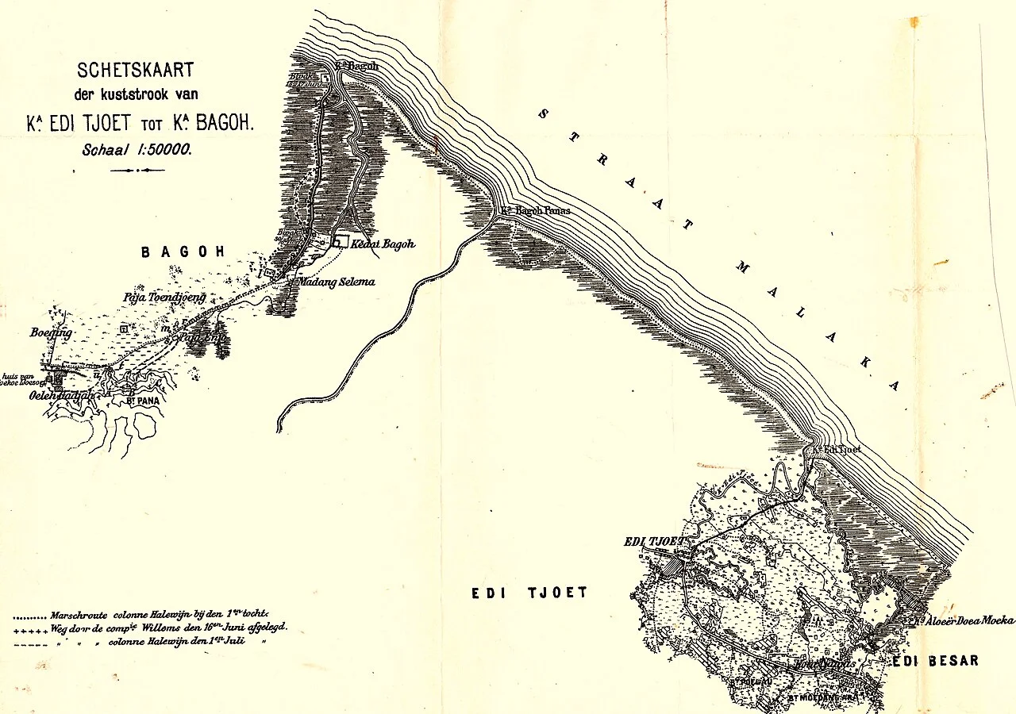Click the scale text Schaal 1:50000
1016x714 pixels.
click(137, 148)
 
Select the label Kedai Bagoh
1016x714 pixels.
click(383, 244)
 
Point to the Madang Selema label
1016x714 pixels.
click(336, 282)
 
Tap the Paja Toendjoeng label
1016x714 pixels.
click(164, 297)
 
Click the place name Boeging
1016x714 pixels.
click(51, 333)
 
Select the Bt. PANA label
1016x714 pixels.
click(144, 401)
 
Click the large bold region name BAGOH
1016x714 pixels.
click(183, 252)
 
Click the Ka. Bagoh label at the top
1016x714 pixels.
click(356, 67)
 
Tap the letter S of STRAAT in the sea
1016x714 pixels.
click(543, 113)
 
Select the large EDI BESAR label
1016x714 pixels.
click(934, 661)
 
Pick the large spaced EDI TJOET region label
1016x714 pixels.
click(529, 593)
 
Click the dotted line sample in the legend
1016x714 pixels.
click(30, 616)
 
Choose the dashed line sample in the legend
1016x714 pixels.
click(30, 643)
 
